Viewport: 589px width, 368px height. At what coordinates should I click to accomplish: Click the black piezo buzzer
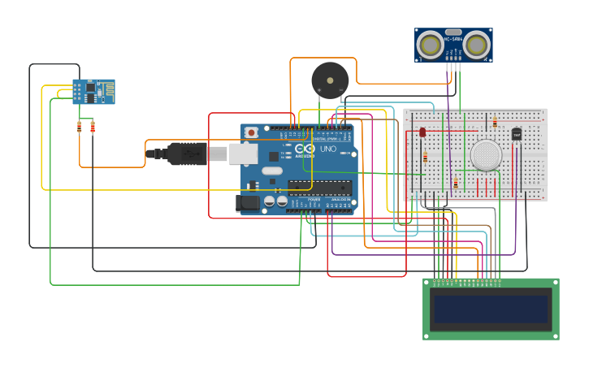329,80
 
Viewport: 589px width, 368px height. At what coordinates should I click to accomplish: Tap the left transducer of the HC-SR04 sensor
429,45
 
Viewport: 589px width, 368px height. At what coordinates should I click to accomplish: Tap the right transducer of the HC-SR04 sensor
477,45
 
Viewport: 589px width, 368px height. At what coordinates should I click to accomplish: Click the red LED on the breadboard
422,132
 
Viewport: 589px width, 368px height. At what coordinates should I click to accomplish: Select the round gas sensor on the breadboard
486,154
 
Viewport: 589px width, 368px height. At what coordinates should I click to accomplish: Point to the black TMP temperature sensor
516,134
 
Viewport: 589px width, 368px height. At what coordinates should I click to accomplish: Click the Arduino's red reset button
252,132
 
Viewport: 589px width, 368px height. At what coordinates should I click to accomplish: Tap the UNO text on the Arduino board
327,149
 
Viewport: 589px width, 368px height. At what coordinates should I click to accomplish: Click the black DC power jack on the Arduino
247,202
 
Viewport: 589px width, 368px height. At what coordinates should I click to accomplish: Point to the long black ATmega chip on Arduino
320,188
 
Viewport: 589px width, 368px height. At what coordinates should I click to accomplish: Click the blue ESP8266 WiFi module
93,91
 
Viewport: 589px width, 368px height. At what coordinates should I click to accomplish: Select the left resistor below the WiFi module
79,126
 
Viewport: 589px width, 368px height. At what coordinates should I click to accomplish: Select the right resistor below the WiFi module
93,126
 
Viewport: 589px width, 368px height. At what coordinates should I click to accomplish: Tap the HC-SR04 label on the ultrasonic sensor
453,38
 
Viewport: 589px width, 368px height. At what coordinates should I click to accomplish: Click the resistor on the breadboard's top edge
495,123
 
